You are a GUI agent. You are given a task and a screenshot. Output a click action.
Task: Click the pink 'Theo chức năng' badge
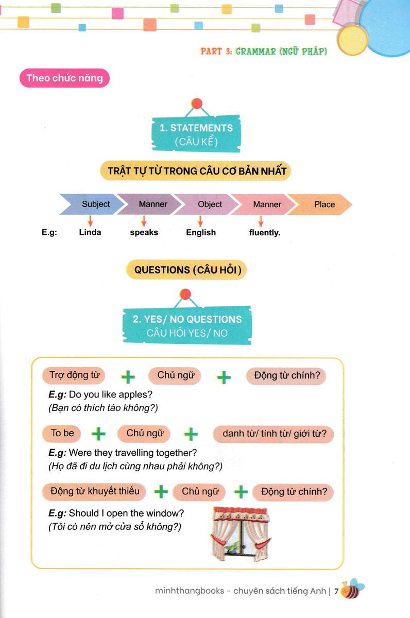point(64,78)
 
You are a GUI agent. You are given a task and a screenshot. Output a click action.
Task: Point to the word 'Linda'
point(90,232)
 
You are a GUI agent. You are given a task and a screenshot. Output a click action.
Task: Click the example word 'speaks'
point(144,232)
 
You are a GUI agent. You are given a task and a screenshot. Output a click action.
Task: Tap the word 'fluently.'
point(265,232)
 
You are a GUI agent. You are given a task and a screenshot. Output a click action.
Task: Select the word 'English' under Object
point(201,232)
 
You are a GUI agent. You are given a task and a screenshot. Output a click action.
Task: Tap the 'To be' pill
point(63,434)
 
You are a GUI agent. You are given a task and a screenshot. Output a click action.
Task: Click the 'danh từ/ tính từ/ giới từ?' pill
point(274,434)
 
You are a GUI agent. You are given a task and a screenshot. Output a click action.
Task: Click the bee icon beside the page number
point(352,590)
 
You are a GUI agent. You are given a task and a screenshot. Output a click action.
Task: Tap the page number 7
point(336,591)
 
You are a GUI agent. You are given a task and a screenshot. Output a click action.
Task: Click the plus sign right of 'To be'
point(98,434)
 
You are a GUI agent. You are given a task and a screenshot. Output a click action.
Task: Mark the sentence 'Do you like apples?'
point(111,395)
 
